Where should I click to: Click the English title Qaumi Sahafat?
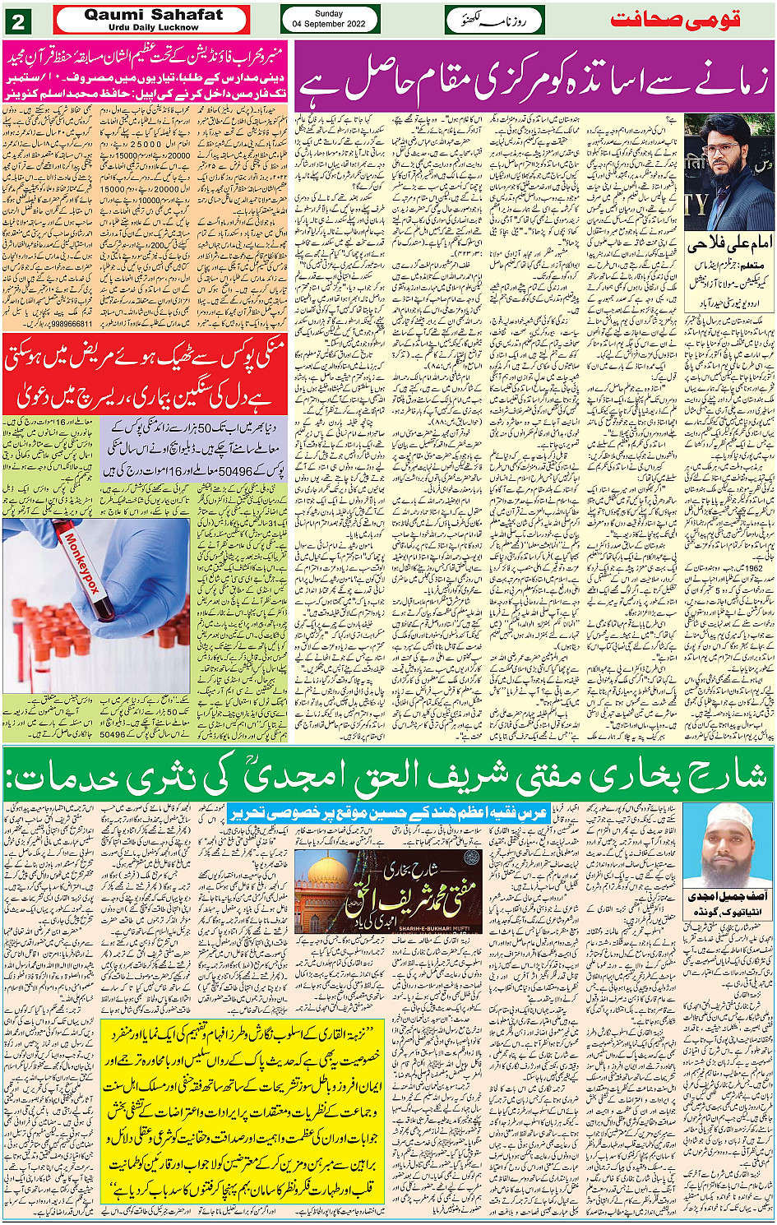pyautogui.click(x=153, y=15)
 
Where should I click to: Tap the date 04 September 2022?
pyautogui.click(x=330, y=25)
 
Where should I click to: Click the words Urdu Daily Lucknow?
pyautogui.click(x=153, y=27)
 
